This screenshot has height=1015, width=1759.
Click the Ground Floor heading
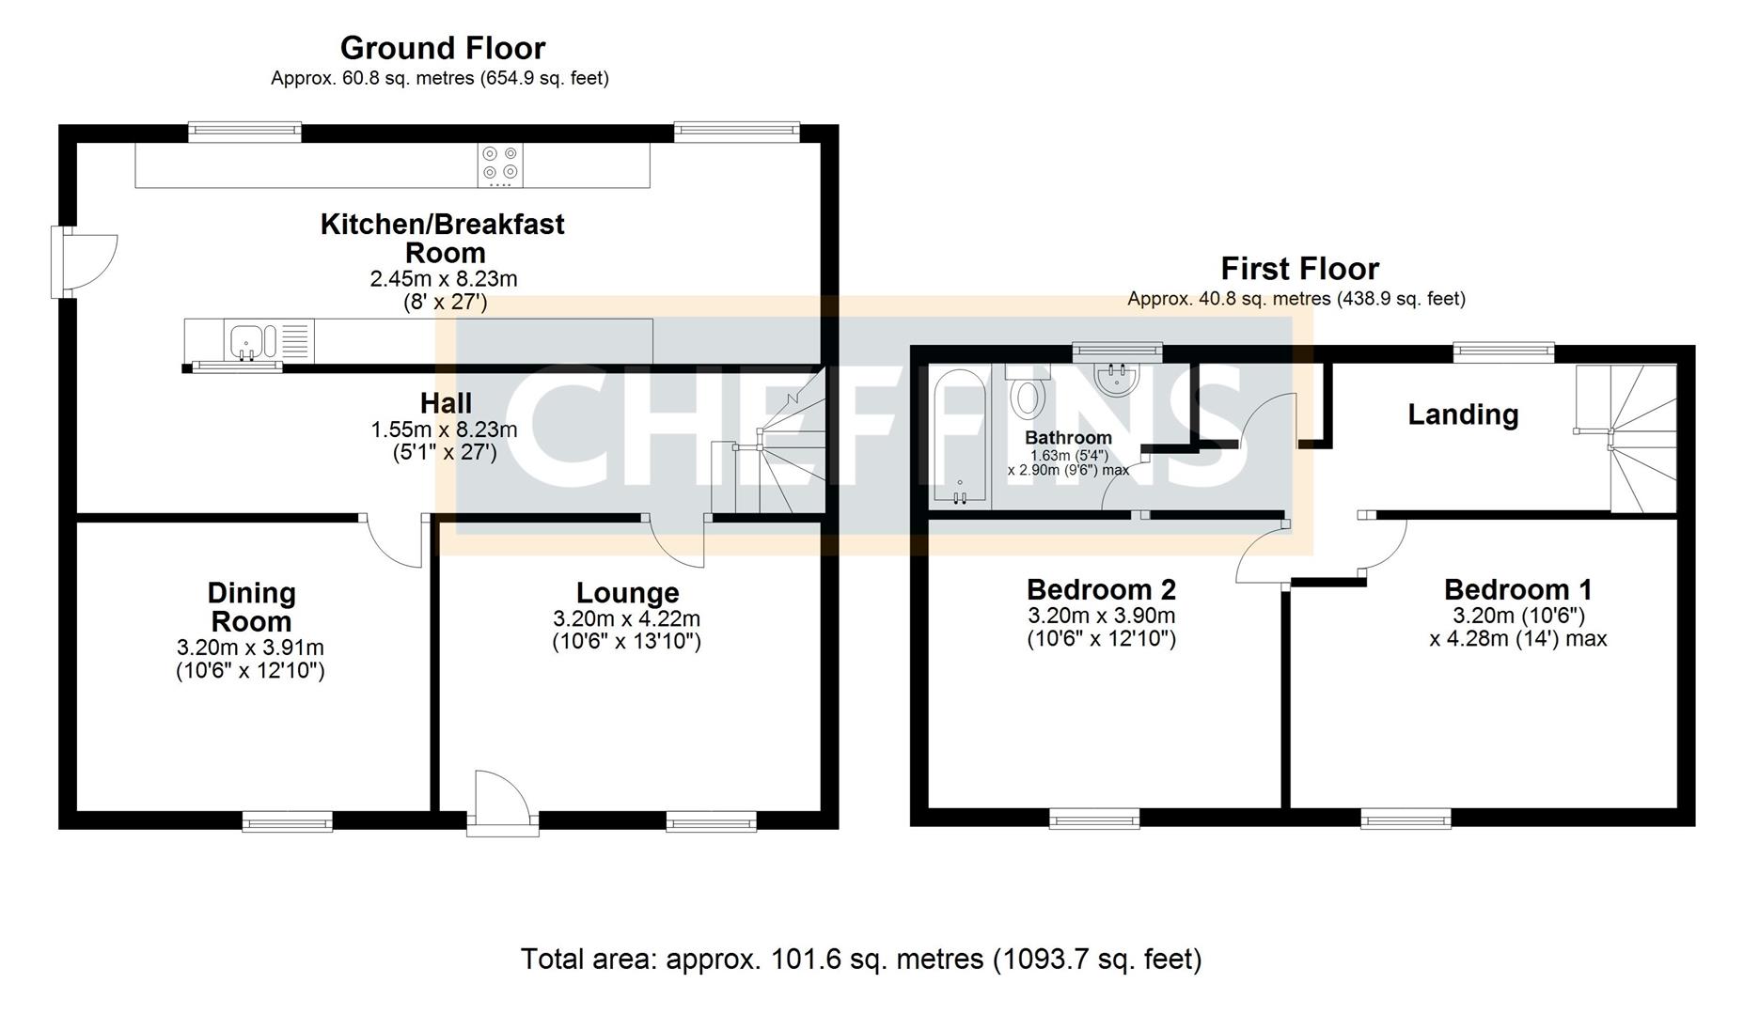coord(442,48)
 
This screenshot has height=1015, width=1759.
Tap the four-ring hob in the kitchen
coord(499,164)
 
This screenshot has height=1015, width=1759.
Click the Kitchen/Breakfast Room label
coord(443,238)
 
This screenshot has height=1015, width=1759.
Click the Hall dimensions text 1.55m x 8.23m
coord(444,429)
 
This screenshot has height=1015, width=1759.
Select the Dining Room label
coord(251,607)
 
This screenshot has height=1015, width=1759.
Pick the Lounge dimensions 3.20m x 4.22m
coord(626,619)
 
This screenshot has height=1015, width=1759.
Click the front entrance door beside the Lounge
coord(502,804)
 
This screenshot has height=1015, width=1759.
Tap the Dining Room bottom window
coord(288,822)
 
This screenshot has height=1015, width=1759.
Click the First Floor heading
coord(1299,269)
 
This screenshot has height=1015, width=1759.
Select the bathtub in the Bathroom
coord(959,437)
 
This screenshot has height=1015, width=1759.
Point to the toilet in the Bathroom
coord(1027,395)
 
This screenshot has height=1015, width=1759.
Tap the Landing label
coord(1462,414)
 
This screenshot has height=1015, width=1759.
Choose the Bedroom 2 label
coord(1101,589)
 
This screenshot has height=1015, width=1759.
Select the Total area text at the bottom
coord(860,960)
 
